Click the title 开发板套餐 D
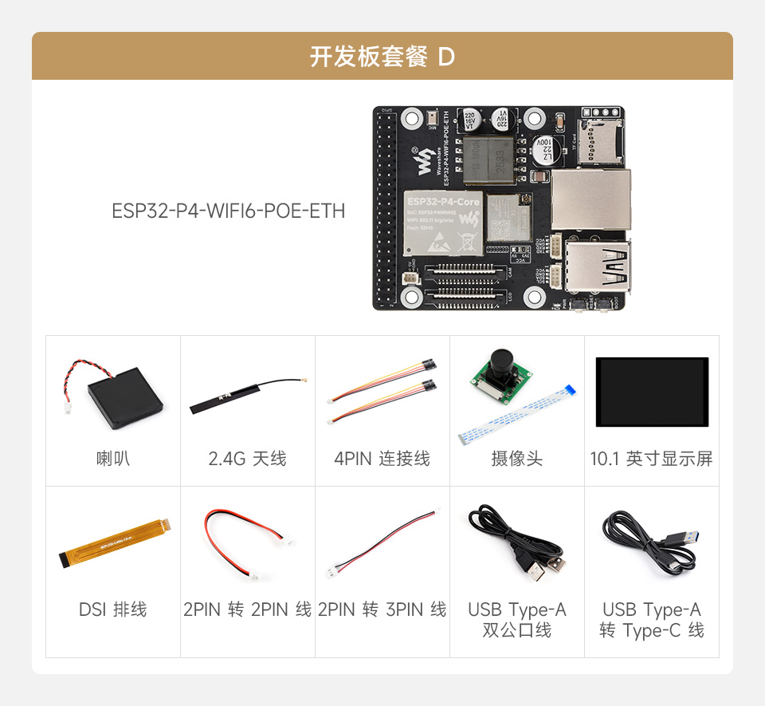click(x=382, y=57)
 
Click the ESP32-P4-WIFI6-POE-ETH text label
click(x=229, y=211)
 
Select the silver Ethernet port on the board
click(x=590, y=199)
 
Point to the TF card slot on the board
click(x=599, y=140)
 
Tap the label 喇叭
click(x=113, y=459)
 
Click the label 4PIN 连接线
click(x=382, y=459)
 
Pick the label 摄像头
click(x=517, y=459)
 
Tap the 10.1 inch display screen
click(x=652, y=392)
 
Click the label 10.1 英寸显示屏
click(x=652, y=459)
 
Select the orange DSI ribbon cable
click(x=113, y=543)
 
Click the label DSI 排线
click(x=113, y=609)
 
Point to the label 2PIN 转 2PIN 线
click(x=248, y=609)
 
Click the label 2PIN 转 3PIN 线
click(x=382, y=609)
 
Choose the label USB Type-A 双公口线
click(x=517, y=620)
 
